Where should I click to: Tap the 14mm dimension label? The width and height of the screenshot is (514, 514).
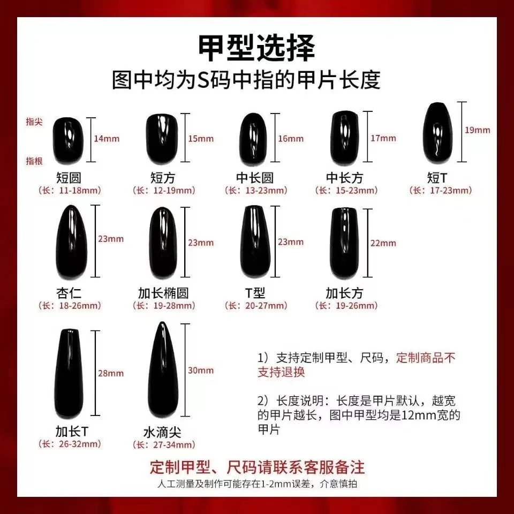(107, 138)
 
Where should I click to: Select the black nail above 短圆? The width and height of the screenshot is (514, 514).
(68, 140)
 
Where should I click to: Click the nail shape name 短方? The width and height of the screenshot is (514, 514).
(163, 178)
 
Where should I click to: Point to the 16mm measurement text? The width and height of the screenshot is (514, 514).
(291, 138)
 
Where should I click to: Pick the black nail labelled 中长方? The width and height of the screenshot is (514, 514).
(345, 138)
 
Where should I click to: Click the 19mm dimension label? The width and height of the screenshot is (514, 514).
(477, 130)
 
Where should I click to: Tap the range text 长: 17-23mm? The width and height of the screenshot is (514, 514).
(441, 191)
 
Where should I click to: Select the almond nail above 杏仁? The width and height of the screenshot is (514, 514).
(71, 242)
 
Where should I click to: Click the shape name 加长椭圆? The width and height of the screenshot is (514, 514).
(163, 293)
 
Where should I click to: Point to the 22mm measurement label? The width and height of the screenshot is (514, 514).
(383, 243)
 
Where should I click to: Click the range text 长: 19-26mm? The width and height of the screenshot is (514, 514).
(346, 306)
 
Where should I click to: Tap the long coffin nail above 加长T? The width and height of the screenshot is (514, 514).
(69, 374)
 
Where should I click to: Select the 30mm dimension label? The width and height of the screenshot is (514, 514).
(201, 370)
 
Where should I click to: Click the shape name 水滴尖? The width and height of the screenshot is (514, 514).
(162, 432)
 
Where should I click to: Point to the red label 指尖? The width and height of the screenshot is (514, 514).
(34, 122)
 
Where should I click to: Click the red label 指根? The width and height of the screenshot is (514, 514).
(34, 161)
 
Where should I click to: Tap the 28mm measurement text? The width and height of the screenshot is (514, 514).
(111, 373)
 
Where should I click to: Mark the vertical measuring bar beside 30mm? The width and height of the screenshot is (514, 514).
(185, 370)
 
